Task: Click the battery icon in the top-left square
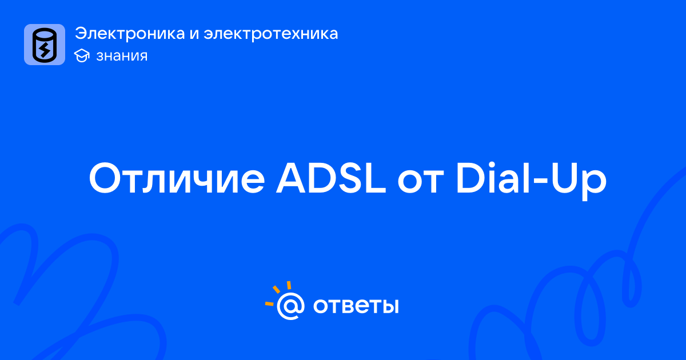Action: click(45, 45)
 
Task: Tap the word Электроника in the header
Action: click(130, 33)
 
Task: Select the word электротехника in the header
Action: click(271, 33)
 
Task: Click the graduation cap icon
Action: click(82, 55)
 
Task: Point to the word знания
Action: click(122, 56)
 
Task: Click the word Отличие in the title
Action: click(177, 178)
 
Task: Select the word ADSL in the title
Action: click(331, 178)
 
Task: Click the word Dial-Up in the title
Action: click(531, 181)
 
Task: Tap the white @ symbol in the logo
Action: click(290, 306)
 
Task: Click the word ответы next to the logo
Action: click(356, 306)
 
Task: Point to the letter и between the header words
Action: click(194, 34)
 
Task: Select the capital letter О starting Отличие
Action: click(105, 179)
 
